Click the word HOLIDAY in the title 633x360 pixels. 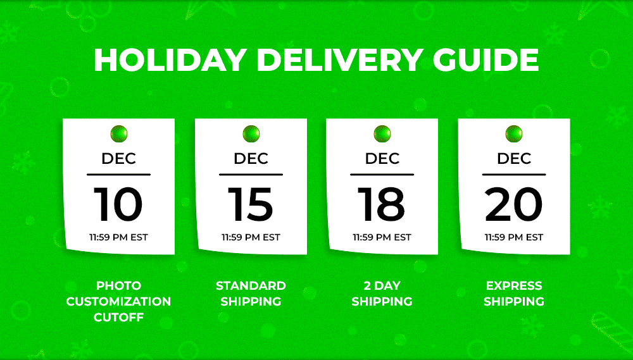(x=170, y=60)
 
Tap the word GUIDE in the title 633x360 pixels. (x=486, y=60)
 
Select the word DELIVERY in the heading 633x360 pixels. (x=340, y=60)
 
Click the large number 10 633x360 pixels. (x=118, y=204)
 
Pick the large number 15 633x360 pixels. (x=250, y=204)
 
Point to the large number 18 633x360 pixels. (x=382, y=204)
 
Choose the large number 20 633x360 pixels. (x=513, y=204)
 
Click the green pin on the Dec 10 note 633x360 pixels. (x=119, y=133)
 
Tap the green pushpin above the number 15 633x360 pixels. (x=251, y=133)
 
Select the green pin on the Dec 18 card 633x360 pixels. (x=382, y=133)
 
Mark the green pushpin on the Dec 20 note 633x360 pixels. (x=514, y=133)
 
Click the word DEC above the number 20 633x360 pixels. (x=514, y=158)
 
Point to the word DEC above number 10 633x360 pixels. (x=119, y=158)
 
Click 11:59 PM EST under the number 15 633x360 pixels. (x=251, y=237)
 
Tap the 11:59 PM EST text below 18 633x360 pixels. (x=382, y=237)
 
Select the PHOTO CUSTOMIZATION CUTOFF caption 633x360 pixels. (x=119, y=302)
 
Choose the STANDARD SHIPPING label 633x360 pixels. (x=251, y=294)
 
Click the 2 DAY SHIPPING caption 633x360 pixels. (x=382, y=294)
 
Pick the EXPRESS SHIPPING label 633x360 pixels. (x=514, y=294)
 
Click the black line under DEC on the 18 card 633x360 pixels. (x=382, y=175)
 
